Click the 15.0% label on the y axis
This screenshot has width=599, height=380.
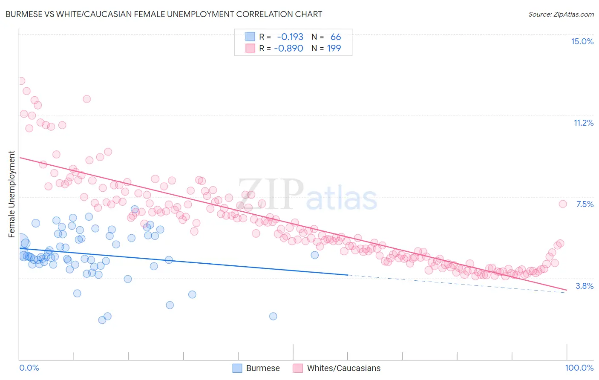click(582, 41)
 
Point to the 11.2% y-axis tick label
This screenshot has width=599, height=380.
click(583, 123)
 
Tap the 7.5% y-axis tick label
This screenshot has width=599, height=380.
click(585, 204)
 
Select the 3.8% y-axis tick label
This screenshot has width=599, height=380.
click(585, 286)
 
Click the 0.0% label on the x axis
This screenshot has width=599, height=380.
click(29, 368)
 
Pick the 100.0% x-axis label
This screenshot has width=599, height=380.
click(579, 368)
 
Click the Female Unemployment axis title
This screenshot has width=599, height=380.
click(12, 194)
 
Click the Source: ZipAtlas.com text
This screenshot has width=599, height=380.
click(561, 14)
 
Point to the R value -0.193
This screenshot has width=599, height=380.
click(290, 37)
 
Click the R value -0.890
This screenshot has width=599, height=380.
click(288, 48)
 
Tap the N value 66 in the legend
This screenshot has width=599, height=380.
click(336, 37)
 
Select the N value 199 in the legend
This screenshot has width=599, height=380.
click(334, 48)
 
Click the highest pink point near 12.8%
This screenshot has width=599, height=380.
click(21, 81)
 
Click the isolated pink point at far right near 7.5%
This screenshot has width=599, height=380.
click(562, 204)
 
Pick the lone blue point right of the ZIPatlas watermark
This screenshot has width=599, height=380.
click(314, 255)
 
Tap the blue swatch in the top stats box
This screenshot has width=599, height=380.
click(250, 37)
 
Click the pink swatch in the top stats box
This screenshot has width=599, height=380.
click(250, 48)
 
